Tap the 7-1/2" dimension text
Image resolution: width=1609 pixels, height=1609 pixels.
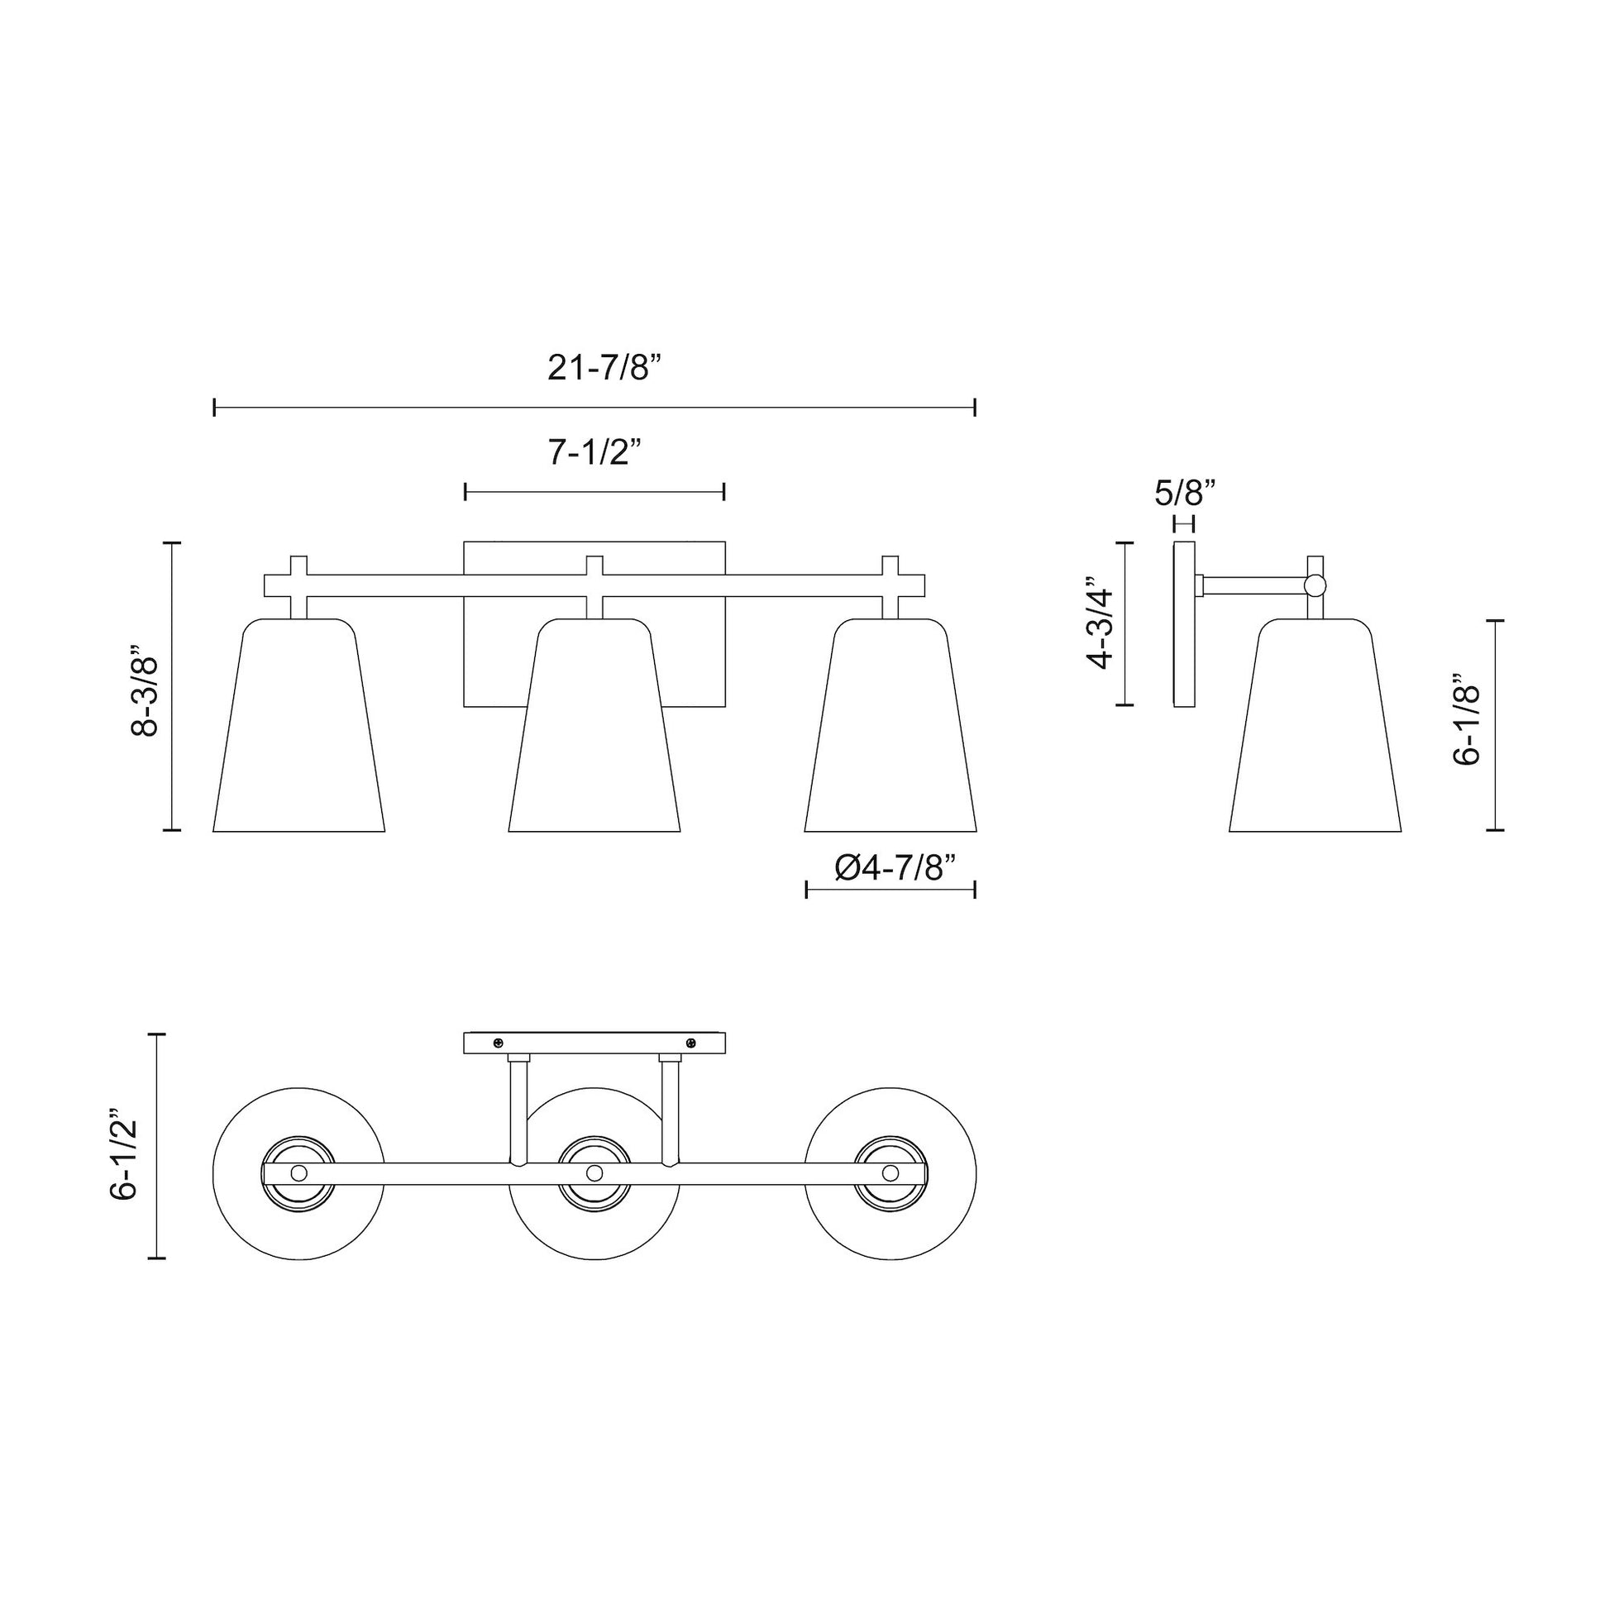click(594, 452)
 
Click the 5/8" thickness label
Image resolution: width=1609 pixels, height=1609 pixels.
click(1185, 493)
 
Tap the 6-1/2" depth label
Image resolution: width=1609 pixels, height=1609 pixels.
click(123, 1158)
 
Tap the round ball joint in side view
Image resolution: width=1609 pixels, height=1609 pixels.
click(1315, 585)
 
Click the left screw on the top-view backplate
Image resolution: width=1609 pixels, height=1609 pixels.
click(498, 1043)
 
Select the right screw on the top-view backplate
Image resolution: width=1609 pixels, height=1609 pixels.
click(690, 1043)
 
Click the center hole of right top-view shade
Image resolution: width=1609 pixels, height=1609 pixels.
click(890, 1172)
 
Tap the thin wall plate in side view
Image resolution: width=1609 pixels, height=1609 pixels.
click(1184, 623)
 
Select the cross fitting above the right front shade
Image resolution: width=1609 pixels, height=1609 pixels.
click(890, 585)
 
